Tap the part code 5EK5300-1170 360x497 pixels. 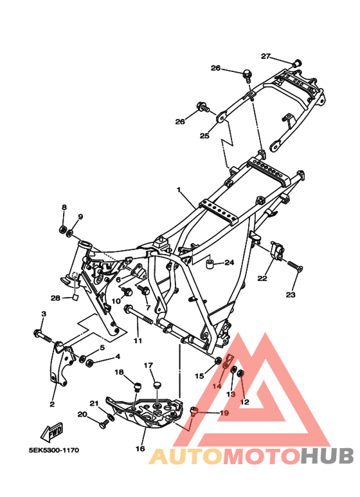click(54, 451)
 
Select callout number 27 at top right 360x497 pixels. click(266, 56)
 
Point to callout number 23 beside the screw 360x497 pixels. click(291, 294)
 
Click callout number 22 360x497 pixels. click(262, 278)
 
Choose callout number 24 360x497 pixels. click(230, 262)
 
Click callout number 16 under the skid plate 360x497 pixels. click(140, 449)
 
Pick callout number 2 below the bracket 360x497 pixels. click(52, 404)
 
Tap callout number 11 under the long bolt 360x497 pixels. click(137, 341)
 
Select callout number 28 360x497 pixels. click(55, 298)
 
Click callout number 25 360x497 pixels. click(204, 136)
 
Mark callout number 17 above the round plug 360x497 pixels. click(148, 366)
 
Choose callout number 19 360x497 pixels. click(224, 413)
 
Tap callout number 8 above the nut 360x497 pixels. click(64, 207)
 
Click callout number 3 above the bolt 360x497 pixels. click(43, 314)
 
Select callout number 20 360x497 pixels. click(82, 414)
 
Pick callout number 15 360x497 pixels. click(199, 375)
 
